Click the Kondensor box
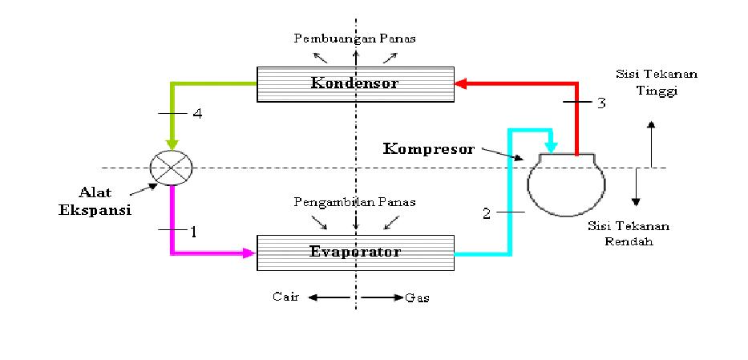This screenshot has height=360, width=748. (x=355, y=84)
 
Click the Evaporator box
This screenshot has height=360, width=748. (x=355, y=253)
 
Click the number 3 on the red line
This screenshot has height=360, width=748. (x=600, y=103)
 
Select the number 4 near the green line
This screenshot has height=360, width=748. (x=197, y=114)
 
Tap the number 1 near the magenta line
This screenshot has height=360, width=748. (x=192, y=231)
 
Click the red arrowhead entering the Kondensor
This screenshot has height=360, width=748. (x=462, y=83)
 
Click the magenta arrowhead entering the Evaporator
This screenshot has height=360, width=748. (x=249, y=253)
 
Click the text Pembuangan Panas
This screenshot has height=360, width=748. (x=354, y=38)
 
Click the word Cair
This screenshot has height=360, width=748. (x=285, y=297)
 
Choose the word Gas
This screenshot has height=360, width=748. (x=417, y=297)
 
